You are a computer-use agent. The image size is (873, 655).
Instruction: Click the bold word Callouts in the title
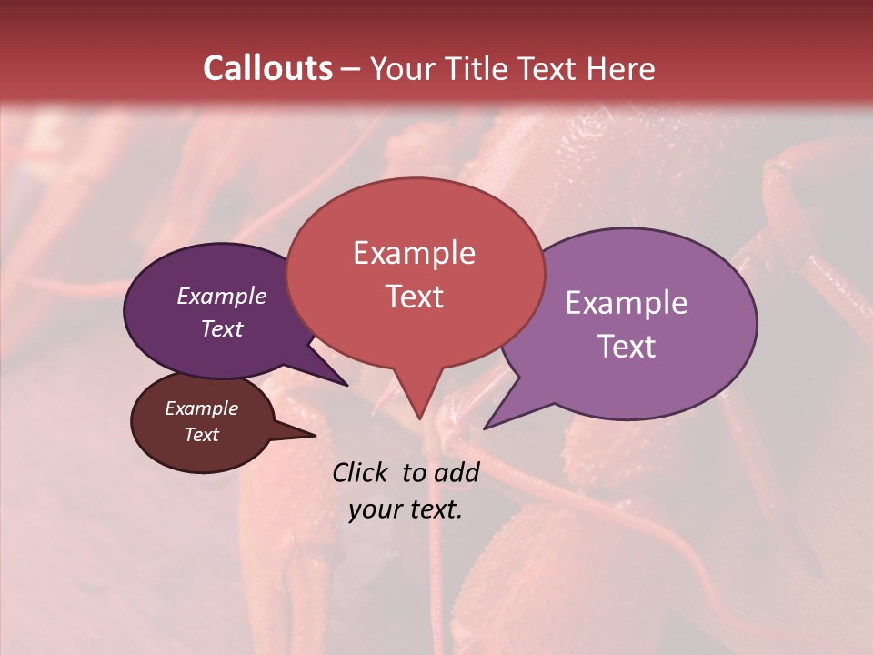pyautogui.click(x=267, y=68)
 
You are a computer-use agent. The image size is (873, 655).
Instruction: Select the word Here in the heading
pyautogui.click(x=619, y=68)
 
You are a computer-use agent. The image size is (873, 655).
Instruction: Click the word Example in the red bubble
pyautogui.click(x=414, y=253)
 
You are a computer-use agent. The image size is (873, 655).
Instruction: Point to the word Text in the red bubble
pyautogui.click(x=414, y=297)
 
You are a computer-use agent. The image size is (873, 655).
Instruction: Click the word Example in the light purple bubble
pyautogui.click(x=627, y=303)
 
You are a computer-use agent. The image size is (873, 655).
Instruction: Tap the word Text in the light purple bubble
pyautogui.click(x=627, y=347)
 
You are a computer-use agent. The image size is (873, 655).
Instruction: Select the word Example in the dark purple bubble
pyautogui.click(x=221, y=296)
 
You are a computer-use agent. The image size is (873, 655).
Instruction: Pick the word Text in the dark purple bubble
pyautogui.click(x=221, y=328)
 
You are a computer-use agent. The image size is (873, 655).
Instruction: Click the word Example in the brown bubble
pyautogui.click(x=201, y=408)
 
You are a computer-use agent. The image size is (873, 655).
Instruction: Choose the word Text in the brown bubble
pyautogui.click(x=201, y=435)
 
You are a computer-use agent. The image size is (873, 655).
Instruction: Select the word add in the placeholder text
pyautogui.click(x=458, y=472)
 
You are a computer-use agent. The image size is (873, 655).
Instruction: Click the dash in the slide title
pyautogui.click(x=351, y=70)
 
